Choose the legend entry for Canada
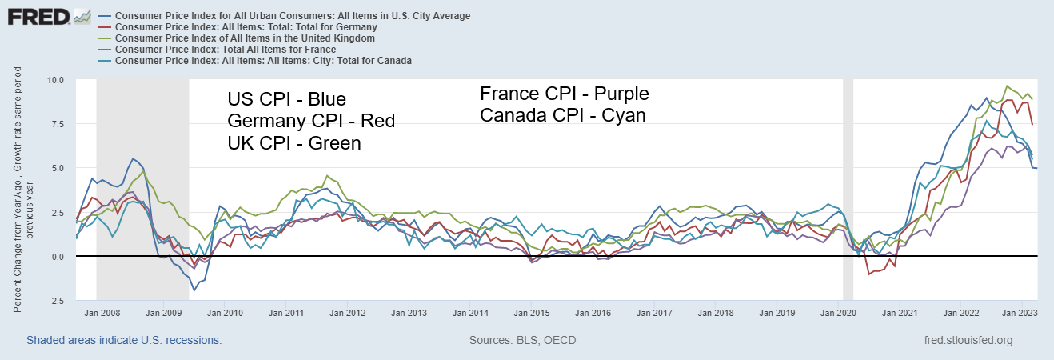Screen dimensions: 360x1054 264,60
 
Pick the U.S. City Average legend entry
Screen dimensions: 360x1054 293,15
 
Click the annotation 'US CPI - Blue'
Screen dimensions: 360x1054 286,100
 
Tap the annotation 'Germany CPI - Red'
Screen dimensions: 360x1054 310,122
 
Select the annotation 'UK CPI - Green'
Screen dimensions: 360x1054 293,143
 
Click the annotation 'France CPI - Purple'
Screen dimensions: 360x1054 564,94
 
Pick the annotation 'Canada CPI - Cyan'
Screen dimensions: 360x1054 562,115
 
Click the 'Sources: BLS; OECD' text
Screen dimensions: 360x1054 523,340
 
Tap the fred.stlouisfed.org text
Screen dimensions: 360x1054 968,340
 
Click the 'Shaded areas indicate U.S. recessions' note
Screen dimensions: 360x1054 124,340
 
